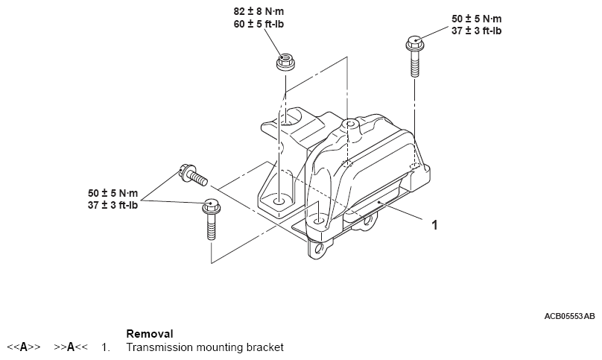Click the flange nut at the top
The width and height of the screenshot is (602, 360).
pos(285,63)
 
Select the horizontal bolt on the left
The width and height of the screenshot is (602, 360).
pos(193,175)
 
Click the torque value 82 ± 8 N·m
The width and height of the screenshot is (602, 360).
pos(259,11)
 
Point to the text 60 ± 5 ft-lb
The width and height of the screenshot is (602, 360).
pos(259,24)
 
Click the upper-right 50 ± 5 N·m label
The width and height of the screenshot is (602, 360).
pos(476,19)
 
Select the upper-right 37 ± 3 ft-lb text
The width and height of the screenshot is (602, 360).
pos(476,31)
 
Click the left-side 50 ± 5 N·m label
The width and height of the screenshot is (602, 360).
pos(113,193)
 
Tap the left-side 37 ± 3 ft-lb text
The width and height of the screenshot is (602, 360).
pos(113,205)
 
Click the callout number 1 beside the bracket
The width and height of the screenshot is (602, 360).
pos(434,225)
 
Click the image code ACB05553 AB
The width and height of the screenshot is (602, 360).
pos(569,316)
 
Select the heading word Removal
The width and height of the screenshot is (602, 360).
pos(150,333)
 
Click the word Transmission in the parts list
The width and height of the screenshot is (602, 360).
pos(159,347)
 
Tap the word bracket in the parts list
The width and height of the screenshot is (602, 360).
pos(265,347)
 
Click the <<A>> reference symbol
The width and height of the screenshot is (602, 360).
pos(24,347)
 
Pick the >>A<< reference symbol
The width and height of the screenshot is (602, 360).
pos(71,347)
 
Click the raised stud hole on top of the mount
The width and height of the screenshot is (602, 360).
pos(349,124)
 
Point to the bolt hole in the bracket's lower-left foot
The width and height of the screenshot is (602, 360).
pos(279,202)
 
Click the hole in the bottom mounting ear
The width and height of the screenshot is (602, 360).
pos(318,249)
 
